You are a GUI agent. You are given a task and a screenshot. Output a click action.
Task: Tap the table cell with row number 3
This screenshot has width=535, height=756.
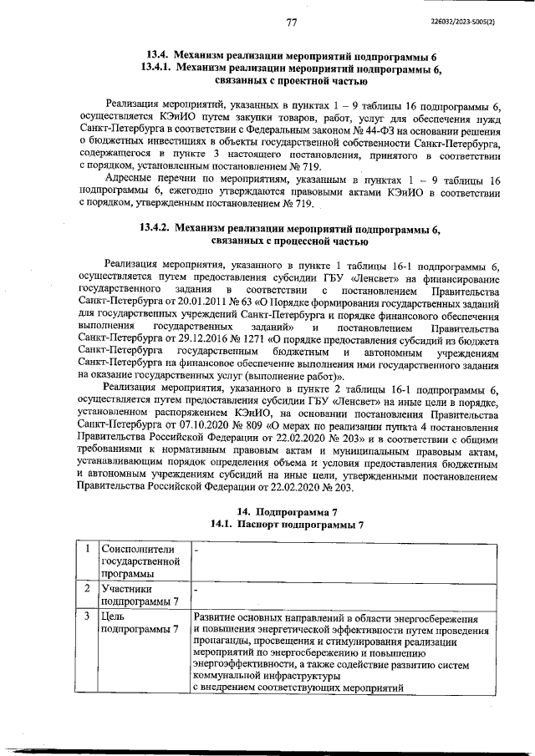87,616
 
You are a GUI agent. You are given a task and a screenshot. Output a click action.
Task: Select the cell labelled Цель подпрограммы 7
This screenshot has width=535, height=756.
140,622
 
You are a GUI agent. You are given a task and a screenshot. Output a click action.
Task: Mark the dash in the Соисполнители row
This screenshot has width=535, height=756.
196,551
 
